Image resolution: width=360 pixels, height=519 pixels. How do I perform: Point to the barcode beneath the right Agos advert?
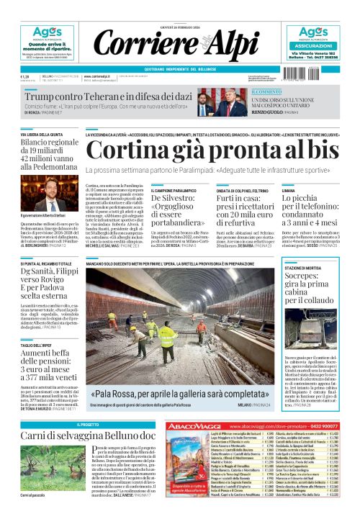tap(305, 73)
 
